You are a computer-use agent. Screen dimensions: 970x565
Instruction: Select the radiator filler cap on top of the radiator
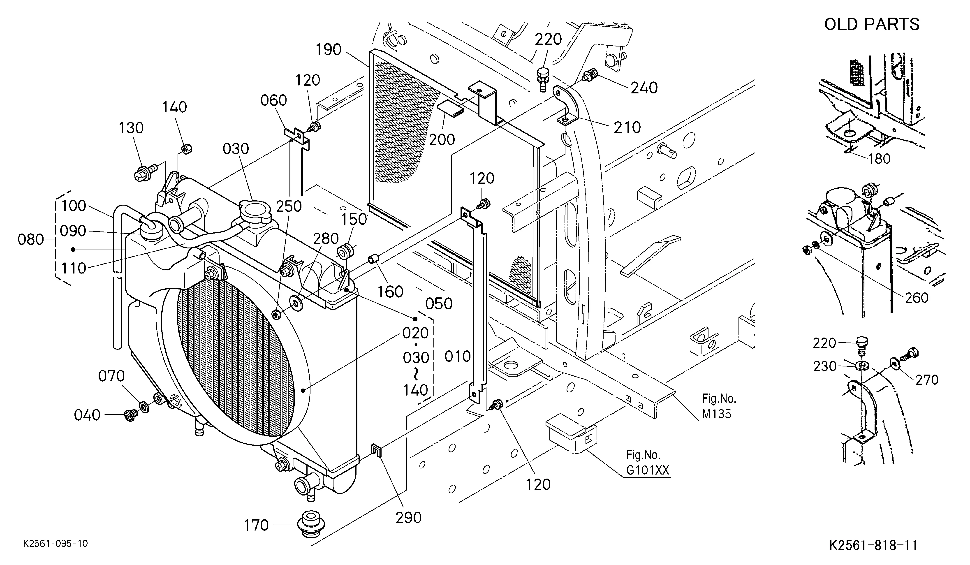point(254,214)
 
